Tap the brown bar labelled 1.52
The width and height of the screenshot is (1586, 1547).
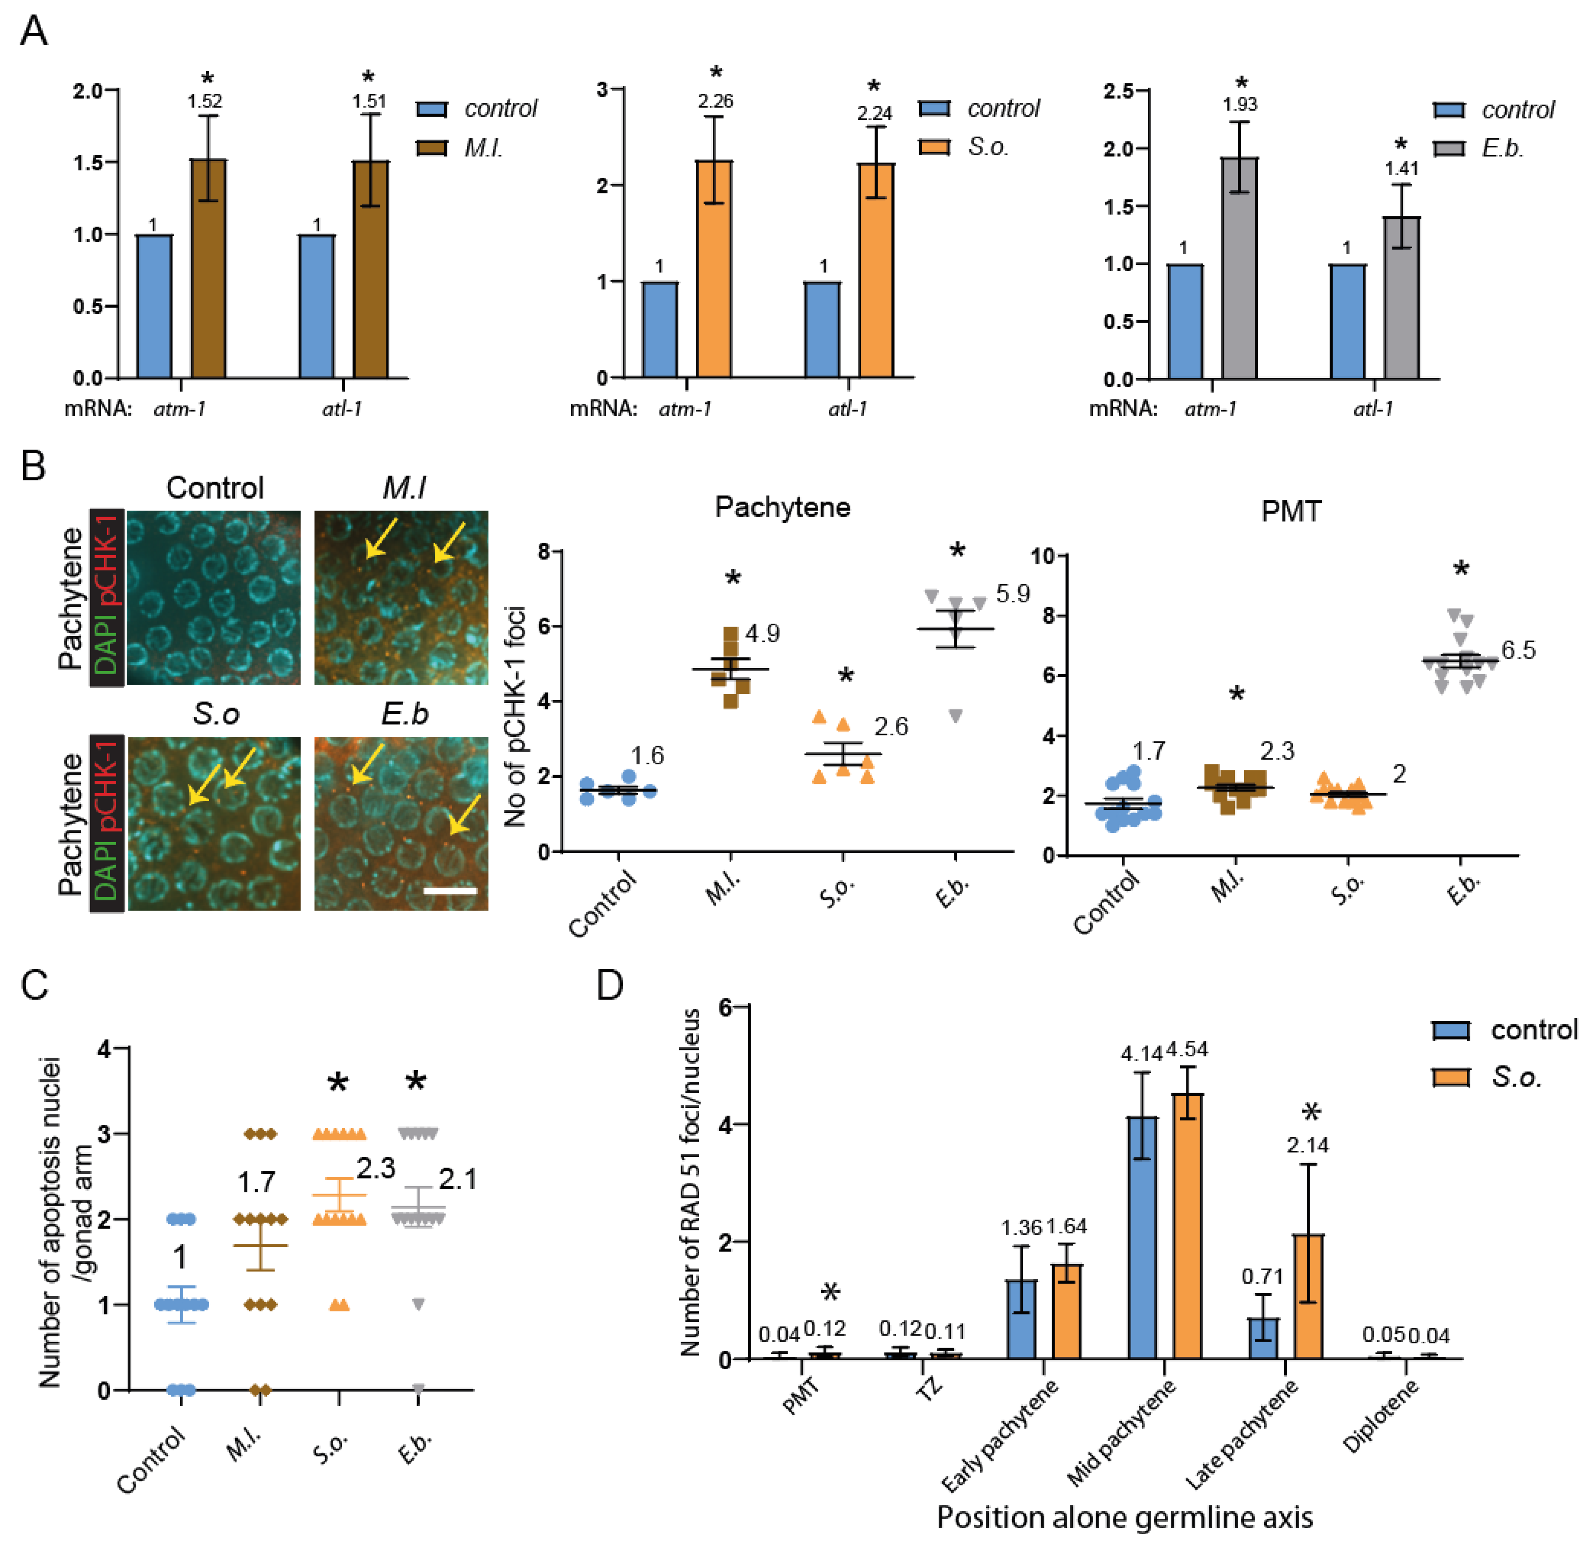(209, 268)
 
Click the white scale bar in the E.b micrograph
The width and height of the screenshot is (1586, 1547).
(449, 891)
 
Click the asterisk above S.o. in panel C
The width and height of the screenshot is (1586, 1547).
(338, 1083)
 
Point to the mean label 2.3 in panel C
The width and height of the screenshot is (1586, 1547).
(375, 1168)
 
